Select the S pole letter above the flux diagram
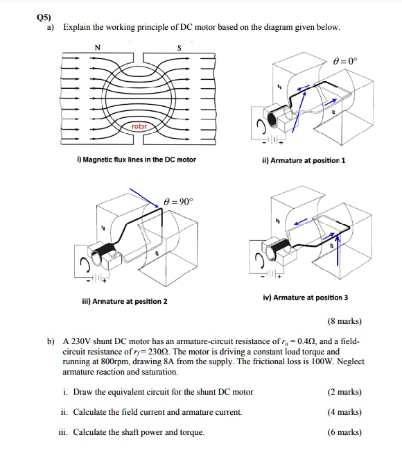coord(178,49)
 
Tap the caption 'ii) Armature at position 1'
coord(301,160)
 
